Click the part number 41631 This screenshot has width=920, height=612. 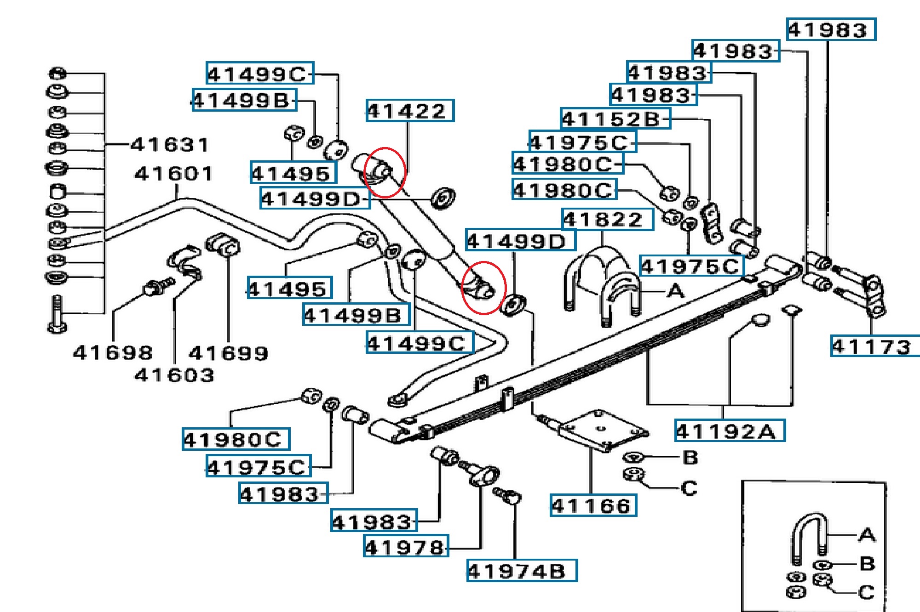170,145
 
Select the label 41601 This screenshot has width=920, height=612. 174,174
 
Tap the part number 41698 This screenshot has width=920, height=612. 113,353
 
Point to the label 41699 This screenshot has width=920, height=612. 228,353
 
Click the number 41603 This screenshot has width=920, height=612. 174,375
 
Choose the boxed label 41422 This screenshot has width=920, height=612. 409,111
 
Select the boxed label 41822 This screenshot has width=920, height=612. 607,220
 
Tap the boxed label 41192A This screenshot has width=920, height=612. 729,431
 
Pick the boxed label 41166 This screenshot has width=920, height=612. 593,506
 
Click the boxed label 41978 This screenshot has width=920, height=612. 405,546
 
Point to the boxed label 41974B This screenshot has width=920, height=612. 521,571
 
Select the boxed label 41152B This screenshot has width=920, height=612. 615,119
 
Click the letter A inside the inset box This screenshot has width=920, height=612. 867,535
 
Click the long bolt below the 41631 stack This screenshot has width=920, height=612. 57,314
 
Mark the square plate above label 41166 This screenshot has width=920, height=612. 603,430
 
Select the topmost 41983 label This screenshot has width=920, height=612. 831,30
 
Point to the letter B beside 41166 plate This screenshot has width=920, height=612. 690,457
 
